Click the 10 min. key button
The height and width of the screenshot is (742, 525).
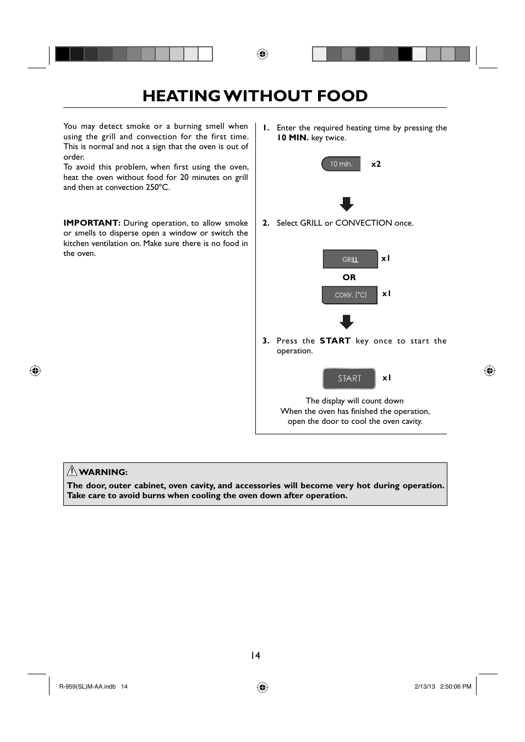(341, 164)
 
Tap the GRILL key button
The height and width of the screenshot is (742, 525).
(350, 259)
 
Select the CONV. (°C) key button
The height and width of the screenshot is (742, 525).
(350, 295)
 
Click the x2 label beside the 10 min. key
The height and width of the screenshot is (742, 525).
(376, 164)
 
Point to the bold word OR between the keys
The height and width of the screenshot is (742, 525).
(349, 277)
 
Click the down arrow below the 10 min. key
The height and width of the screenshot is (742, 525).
(347, 204)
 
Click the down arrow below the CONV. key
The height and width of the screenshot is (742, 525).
(347, 322)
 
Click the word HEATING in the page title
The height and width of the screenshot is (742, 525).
(181, 96)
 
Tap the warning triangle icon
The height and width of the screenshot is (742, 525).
(72, 471)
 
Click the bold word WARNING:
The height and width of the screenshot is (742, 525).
(103, 472)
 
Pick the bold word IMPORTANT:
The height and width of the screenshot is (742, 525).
(92, 223)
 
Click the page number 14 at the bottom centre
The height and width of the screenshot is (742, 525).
(255, 656)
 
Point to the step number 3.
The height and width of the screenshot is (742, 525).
(266, 341)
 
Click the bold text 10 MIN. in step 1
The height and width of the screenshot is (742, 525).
(292, 138)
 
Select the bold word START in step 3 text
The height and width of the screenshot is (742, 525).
(335, 341)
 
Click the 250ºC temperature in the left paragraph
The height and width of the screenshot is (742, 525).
(157, 188)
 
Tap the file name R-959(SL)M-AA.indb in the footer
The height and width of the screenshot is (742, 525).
(87, 686)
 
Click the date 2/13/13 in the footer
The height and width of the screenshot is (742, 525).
(425, 686)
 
